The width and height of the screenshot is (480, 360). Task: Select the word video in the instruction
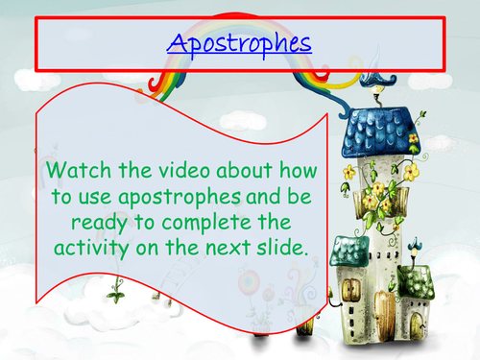pyautogui.click(x=178, y=172)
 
